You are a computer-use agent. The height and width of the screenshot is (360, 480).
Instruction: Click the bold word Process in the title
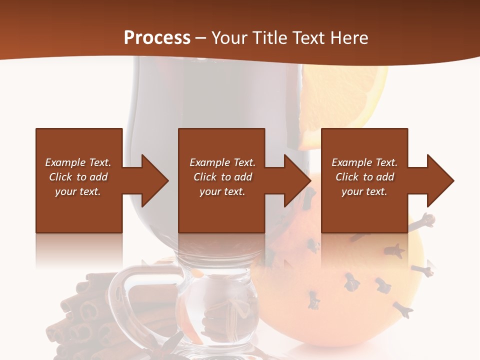(157, 38)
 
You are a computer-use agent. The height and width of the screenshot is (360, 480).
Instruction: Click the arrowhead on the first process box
(152, 180)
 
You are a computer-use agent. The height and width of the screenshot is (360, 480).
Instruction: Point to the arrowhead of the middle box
(295, 180)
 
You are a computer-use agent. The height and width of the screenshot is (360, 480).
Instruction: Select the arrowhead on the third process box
(438, 180)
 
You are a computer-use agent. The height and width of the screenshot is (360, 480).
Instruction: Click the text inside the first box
(78, 177)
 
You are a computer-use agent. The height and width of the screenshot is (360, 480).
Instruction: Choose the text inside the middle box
(222, 177)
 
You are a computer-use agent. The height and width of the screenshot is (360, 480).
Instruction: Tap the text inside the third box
(364, 177)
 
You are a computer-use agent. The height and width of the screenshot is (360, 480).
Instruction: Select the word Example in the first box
(65, 162)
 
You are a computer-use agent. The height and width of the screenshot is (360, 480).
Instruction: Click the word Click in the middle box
(204, 177)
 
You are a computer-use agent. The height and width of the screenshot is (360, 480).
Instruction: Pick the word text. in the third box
(376, 191)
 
